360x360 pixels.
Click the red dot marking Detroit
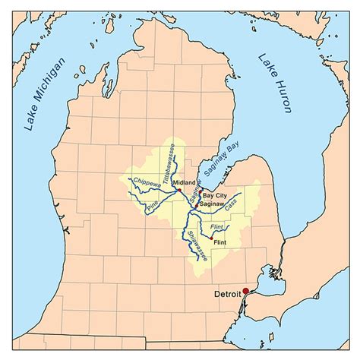[245, 291]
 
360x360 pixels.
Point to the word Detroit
[227, 292]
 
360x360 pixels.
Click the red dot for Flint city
[210, 237]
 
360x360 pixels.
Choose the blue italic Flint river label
[215, 226]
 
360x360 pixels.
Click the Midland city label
[184, 183]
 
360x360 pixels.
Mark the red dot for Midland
[176, 190]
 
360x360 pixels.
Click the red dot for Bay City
[201, 189]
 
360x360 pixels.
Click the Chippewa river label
[146, 182]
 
